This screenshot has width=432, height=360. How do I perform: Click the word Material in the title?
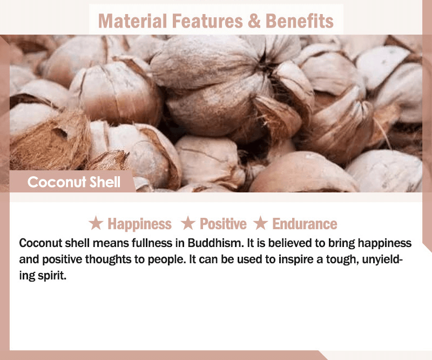[132, 21]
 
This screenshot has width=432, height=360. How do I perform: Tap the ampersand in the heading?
[254, 21]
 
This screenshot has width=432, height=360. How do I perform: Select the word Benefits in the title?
[300, 21]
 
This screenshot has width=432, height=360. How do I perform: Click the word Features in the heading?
[207, 21]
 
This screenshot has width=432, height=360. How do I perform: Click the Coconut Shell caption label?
[74, 182]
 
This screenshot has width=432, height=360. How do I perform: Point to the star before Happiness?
[96, 223]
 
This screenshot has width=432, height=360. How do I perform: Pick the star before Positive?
[188, 223]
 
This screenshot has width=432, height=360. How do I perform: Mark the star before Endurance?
[260, 223]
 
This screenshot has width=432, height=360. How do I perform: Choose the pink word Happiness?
[139, 224]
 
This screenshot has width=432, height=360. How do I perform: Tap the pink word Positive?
[223, 224]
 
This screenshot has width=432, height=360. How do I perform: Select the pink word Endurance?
[305, 224]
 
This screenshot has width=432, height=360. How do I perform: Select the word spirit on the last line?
[52, 276]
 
